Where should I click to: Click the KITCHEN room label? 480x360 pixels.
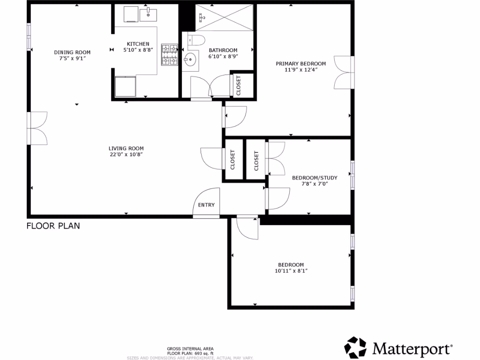point(138,44)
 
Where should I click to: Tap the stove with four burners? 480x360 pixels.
point(170,54)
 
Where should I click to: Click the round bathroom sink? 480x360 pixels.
point(190,59)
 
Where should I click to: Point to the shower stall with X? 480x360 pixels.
point(225,18)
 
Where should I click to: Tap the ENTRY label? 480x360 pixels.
point(206,205)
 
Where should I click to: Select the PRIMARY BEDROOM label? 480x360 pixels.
point(300,64)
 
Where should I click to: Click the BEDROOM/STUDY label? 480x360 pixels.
point(315,178)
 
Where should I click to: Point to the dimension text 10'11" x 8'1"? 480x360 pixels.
point(291,270)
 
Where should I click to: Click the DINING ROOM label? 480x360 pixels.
point(72,52)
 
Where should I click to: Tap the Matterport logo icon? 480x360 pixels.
point(356,347)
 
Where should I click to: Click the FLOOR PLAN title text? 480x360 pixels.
point(53,226)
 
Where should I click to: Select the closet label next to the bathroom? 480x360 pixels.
point(238,85)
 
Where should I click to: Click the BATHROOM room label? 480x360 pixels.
point(223,50)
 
